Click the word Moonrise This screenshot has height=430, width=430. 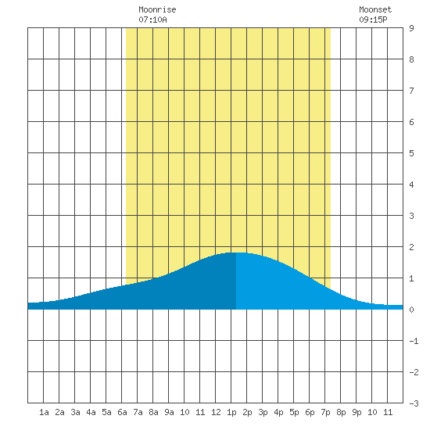157,9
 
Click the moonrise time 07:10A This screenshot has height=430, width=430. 152,20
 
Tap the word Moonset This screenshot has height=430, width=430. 375,9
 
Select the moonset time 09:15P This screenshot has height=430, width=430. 373,20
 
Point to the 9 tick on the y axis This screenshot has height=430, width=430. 411,28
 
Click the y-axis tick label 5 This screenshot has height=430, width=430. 411,153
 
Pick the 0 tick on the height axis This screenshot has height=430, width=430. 411,310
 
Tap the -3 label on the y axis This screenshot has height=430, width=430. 414,403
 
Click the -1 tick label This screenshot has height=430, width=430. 414,341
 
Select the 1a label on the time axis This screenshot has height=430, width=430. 44,412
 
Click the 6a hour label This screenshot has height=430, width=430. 122,412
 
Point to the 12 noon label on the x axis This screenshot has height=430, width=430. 216,412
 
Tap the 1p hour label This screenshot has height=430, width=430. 231,412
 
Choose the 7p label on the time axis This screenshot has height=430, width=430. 325,412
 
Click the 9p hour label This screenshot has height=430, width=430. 357,412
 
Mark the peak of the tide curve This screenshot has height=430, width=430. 236,253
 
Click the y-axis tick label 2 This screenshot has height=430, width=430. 411,247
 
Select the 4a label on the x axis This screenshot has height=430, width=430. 91,412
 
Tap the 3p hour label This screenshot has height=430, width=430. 263,412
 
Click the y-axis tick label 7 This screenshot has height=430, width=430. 411,91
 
